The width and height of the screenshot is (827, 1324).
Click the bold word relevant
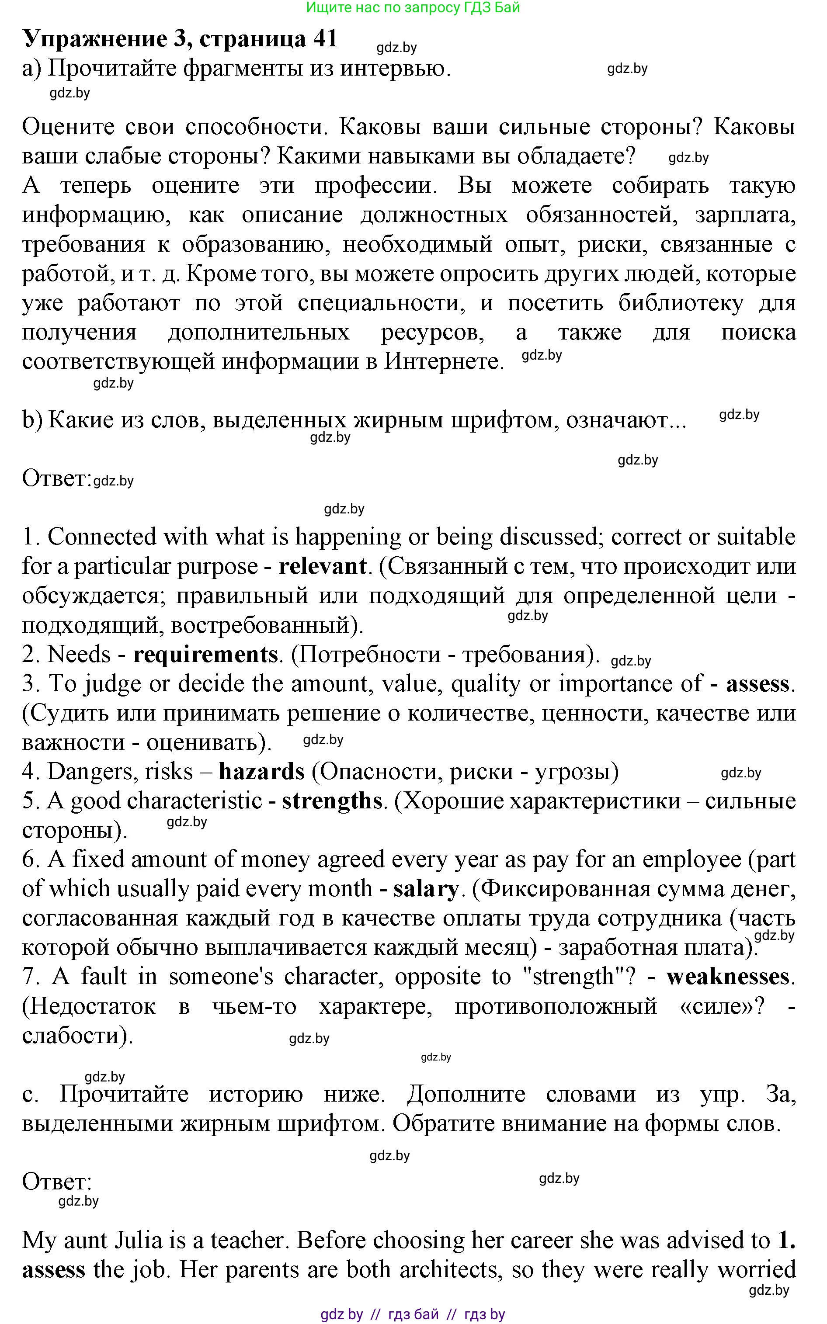tap(322, 566)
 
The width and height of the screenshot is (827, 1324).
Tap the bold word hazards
tap(261, 771)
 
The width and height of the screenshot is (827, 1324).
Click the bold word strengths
tap(332, 801)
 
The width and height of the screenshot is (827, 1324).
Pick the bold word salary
tap(426, 889)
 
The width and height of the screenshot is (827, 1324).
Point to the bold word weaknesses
tap(728, 977)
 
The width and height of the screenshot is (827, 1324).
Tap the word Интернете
tap(444, 361)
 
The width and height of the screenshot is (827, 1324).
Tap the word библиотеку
tap(681, 302)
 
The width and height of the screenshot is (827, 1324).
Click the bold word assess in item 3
tap(758, 684)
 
